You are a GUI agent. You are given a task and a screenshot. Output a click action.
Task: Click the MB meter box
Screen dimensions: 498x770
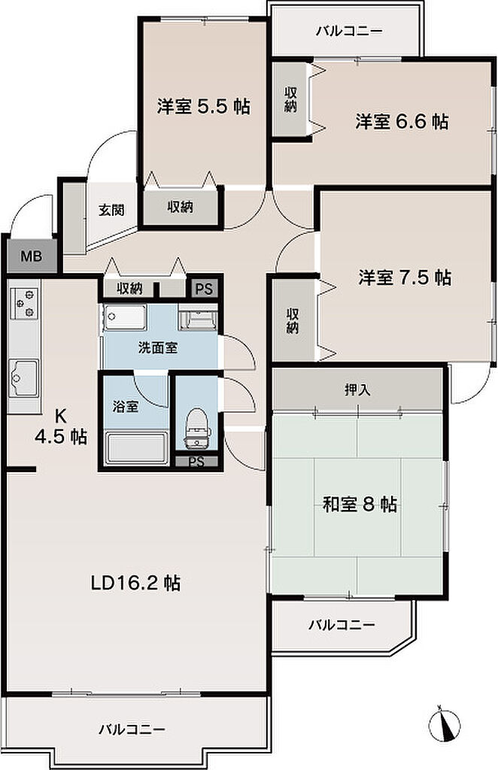pos(31,256)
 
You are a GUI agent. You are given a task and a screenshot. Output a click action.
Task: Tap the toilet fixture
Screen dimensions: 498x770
pos(199,428)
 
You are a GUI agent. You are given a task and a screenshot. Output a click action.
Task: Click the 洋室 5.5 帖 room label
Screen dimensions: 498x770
pos(203,106)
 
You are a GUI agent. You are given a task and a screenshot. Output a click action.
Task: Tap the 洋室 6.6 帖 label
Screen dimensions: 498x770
pos(402,121)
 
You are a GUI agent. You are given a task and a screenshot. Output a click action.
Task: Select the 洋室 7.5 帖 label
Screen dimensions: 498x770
pos(405,278)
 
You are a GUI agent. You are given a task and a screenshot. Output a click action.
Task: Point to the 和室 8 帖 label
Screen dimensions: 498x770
pos(360,504)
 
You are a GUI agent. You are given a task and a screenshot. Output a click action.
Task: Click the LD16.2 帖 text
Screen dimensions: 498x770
pos(135,583)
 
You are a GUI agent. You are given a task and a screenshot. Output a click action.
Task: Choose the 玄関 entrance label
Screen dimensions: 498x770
pos(111,211)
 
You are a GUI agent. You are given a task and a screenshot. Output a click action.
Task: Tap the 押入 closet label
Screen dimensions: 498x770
pos(357,390)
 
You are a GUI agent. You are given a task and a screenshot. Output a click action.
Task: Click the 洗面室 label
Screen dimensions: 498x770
pos(158,348)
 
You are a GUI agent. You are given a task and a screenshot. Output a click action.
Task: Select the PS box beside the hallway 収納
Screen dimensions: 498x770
pos(205,288)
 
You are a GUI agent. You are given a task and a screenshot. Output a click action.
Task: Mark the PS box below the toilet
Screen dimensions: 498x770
pos(196,462)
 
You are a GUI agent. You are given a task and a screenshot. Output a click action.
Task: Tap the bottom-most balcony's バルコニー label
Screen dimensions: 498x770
pos(132,729)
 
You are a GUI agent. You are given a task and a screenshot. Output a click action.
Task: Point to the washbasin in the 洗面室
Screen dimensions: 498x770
pos(199,317)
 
